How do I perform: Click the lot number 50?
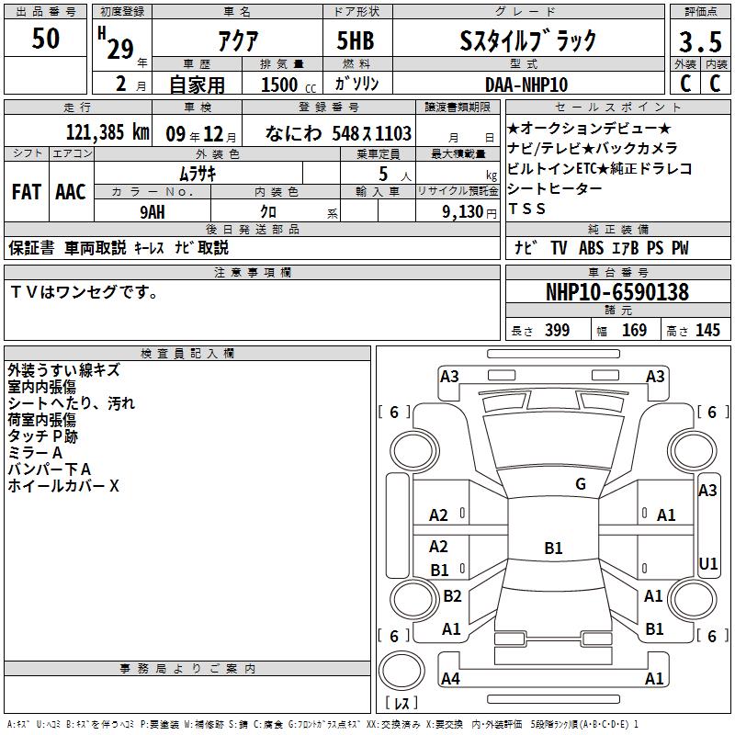click(45, 38)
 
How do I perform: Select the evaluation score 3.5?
click(700, 41)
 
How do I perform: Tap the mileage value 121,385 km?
click(107, 132)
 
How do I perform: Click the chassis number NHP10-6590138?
click(617, 292)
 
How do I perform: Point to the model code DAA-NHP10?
click(526, 85)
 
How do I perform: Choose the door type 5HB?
click(356, 40)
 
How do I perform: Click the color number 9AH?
click(153, 212)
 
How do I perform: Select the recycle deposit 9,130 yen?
click(469, 212)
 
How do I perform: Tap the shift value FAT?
click(27, 192)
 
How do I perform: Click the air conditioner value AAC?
click(71, 192)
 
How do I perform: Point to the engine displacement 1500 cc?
click(288, 85)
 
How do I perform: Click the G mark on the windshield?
click(581, 484)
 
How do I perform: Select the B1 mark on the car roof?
click(553, 548)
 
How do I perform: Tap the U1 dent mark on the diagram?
click(707, 563)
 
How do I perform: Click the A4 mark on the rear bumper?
click(450, 678)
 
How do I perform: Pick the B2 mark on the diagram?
click(452, 595)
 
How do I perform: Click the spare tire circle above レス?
click(401, 671)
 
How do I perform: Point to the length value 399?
click(557, 331)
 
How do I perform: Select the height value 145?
click(707, 331)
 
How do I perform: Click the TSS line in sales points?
click(526, 209)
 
